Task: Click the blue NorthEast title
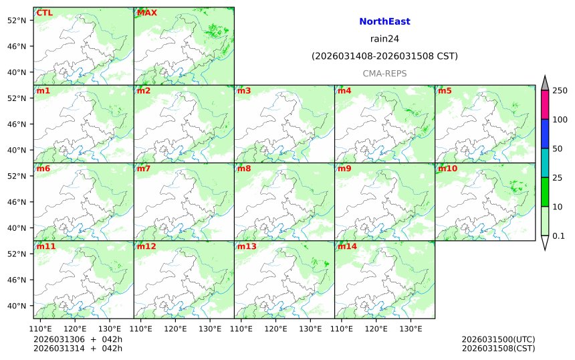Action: coord(384,21)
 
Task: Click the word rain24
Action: coord(384,39)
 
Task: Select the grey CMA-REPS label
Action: coord(384,74)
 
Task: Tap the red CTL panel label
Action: coord(44,13)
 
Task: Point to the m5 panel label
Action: coord(445,90)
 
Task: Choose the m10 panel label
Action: coord(447,169)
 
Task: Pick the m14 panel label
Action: coord(347,246)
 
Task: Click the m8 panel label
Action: coord(244,169)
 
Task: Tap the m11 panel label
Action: coord(45,246)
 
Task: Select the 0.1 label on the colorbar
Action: coord(558,236)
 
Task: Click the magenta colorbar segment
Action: coord(545,105)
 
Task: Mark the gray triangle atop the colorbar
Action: coord(545,83)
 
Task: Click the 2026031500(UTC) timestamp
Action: coord(498,339)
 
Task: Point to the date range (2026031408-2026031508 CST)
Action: coord(384,56)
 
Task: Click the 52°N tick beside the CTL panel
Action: coord(16,20)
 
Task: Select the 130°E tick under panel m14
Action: coord(411,329)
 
